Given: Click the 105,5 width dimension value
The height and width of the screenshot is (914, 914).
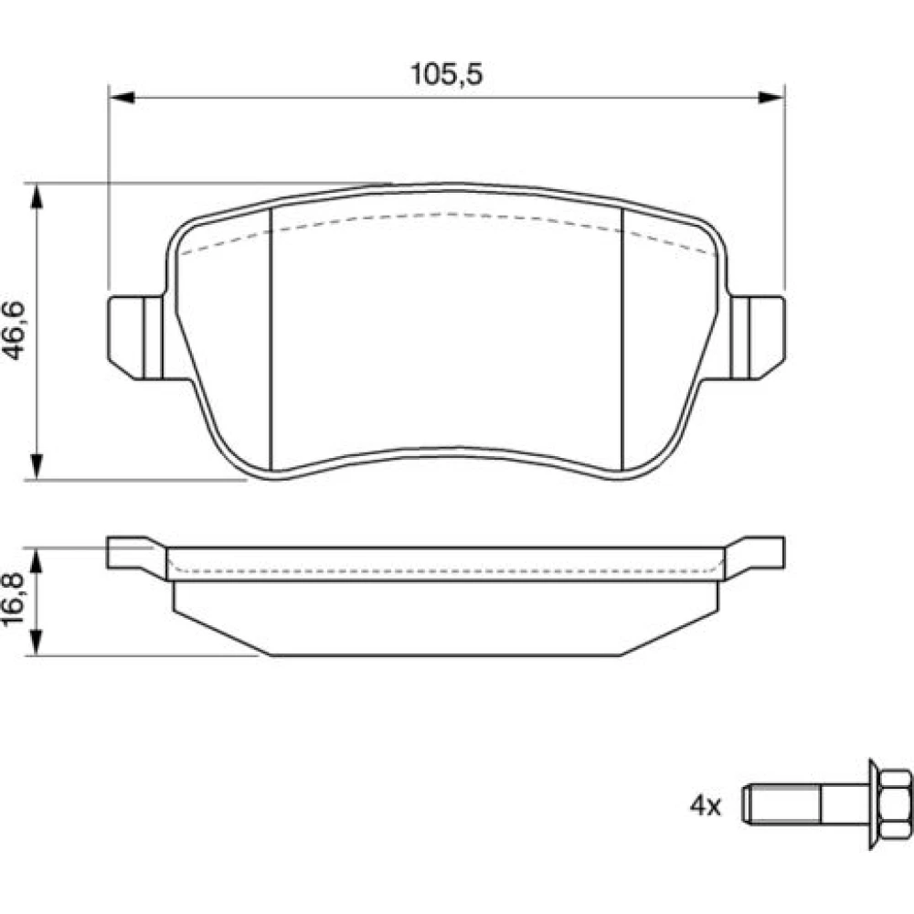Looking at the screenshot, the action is click(447, 74).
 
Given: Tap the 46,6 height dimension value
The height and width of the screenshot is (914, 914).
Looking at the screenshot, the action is click(14, 331).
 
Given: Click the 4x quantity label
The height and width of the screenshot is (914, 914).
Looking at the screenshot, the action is click(706, 806).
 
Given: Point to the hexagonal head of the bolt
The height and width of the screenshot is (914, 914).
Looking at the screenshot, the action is click(889, 804).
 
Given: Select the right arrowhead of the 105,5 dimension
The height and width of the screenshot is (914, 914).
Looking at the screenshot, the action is click(771, 98).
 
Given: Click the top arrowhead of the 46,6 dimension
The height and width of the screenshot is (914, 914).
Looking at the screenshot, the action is click(37, 197).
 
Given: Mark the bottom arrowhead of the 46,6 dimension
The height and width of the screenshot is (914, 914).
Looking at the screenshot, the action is click(37, 467).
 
